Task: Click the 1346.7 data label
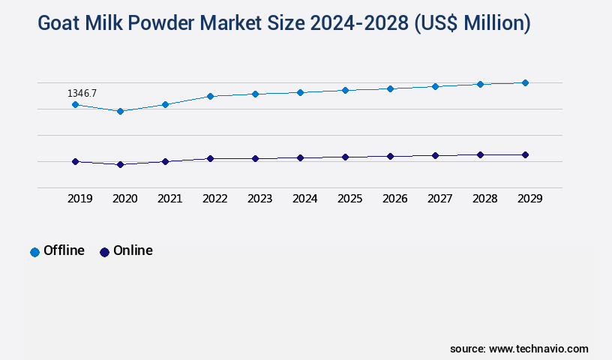click(x=82, y=94)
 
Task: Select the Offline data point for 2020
click(x=120, y=111)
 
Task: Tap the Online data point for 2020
click(x=120, y=164)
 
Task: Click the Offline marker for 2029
click(x=525, y=82)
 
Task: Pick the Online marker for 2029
click(x=525, y=154)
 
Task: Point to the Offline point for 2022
click(x=210, y=96)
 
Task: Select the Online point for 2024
click(x=300, y=157)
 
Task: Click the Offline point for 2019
click(x=75, y=104)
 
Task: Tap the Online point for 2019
click(x=75, y=161)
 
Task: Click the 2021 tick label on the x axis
click(x=169, y=199)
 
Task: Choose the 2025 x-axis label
click(x=349, y=199)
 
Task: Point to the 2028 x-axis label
click(x=484, y=199)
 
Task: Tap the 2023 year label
click(x=259, y=199)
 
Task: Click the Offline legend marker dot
click(x=34, y=252)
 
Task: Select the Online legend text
click(x=133, y=250)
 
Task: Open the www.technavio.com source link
click(x=538, y=349)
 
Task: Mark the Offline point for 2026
click(x=390, y=88)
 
